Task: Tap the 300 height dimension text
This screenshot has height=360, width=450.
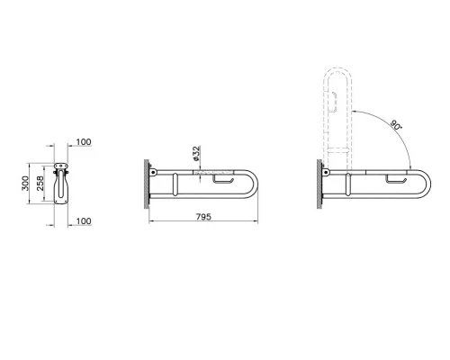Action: tap(25, 184)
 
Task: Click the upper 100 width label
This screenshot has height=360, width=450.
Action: tap(84, 142)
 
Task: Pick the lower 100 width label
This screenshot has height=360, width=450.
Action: tap(84, 220)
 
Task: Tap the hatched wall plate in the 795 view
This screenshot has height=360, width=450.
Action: tap(145, 184)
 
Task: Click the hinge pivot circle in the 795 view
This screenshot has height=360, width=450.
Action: tap(154, 172)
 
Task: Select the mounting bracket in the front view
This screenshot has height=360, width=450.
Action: tap(60, 168)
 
